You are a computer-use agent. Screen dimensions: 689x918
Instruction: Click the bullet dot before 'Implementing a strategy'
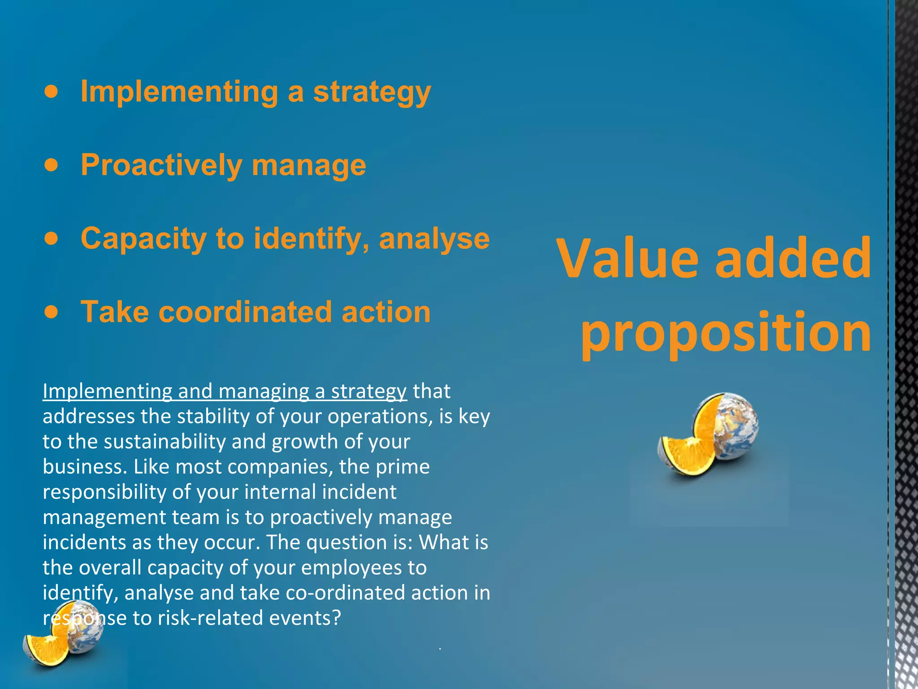pos(52,92)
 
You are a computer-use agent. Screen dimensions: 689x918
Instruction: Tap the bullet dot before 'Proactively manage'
pos(52,165)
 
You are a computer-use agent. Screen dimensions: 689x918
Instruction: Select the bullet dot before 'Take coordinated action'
pos(52,312)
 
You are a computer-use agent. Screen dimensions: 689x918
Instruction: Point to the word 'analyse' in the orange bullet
pos(434,239)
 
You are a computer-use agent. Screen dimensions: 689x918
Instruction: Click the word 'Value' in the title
pos(628,259)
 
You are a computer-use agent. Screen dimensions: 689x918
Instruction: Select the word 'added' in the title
pos(792,259)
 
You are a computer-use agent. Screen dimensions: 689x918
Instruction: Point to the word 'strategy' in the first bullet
pos(372,92)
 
